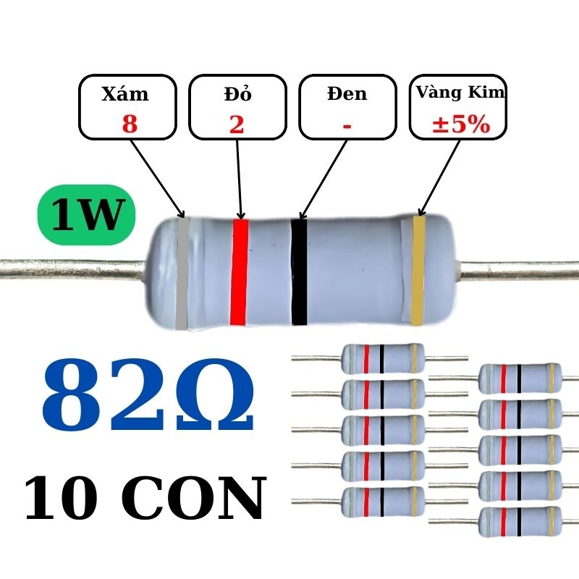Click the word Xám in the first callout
[125, 94]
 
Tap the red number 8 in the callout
[130, 124]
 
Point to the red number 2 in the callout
[237, 124]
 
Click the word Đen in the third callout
[347, 94]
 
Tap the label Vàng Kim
[460, 93]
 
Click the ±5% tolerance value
[460, 124]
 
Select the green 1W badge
[87, 216]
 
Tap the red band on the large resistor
[239, 271]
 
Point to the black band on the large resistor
[299, 271]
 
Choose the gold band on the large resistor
[418, 271]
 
